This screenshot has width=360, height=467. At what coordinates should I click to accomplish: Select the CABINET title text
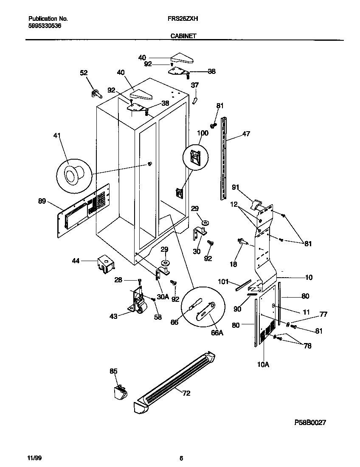coord(183,37)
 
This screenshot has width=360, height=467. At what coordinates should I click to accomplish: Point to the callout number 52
coord(84,73)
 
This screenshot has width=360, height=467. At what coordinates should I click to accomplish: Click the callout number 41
coord(57,136)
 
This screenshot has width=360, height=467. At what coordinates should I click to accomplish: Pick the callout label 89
coord(42,201)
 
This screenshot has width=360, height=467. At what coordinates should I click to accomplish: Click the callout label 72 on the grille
coord(186,393)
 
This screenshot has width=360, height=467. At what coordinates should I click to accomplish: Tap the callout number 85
coord(113,371)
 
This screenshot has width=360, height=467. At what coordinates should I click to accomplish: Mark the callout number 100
coord(202,133)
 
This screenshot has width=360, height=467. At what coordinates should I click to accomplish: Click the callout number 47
coord(246,134)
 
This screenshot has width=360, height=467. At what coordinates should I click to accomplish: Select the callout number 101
coord(223,281)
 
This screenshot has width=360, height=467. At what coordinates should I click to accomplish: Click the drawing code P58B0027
coord(310,423)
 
